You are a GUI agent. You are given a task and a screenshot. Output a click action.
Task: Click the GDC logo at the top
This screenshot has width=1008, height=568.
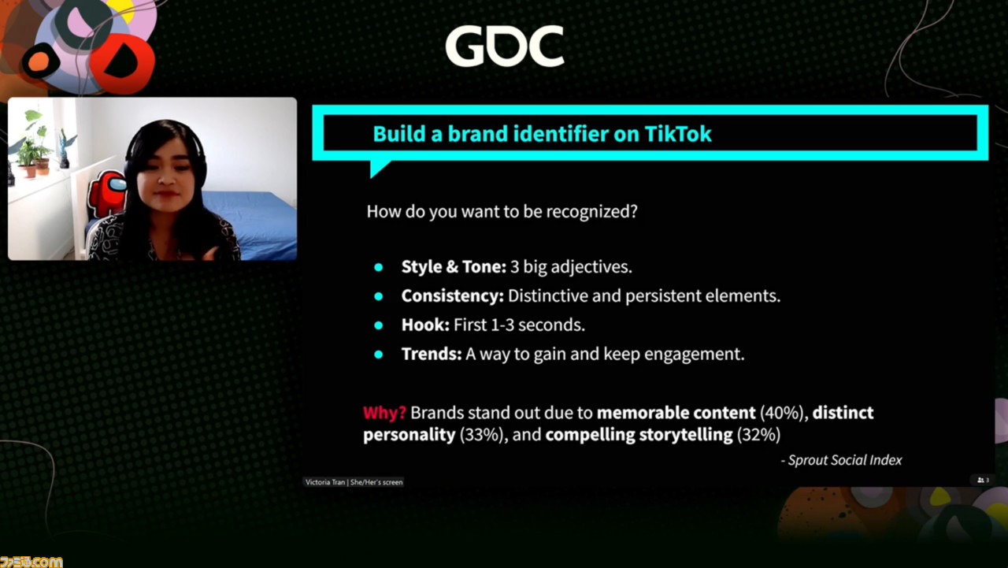[505, 46]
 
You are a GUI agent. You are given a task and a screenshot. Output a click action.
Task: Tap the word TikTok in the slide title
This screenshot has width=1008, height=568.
[678, 134]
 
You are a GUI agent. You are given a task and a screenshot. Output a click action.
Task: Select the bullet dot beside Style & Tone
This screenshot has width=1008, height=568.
[379, 267]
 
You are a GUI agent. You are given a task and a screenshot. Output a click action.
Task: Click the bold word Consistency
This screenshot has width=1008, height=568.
[452, 295]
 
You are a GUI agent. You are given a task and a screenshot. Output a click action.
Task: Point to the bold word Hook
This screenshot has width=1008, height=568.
[425, 325]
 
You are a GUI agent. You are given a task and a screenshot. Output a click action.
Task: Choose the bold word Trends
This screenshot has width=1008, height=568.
[432, 354]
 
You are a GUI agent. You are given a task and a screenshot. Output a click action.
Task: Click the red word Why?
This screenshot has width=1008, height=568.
[385, 413]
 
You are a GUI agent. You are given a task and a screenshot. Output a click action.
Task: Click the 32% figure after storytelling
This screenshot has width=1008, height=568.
[758, 435]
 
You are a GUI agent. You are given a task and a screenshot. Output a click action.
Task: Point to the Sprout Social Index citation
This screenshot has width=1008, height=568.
[842, 460]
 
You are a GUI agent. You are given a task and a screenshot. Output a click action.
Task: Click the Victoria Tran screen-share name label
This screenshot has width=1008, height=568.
[354, 482]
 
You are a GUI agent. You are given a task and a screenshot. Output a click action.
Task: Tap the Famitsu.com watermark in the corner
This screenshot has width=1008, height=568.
[31, 562]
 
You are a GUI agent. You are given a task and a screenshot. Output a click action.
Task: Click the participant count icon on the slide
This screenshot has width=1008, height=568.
[984, 481]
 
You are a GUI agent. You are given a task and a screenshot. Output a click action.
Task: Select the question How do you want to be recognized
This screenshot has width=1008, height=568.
[502, 212]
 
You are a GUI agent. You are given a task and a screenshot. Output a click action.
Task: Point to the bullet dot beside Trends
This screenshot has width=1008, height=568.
[379, 355]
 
